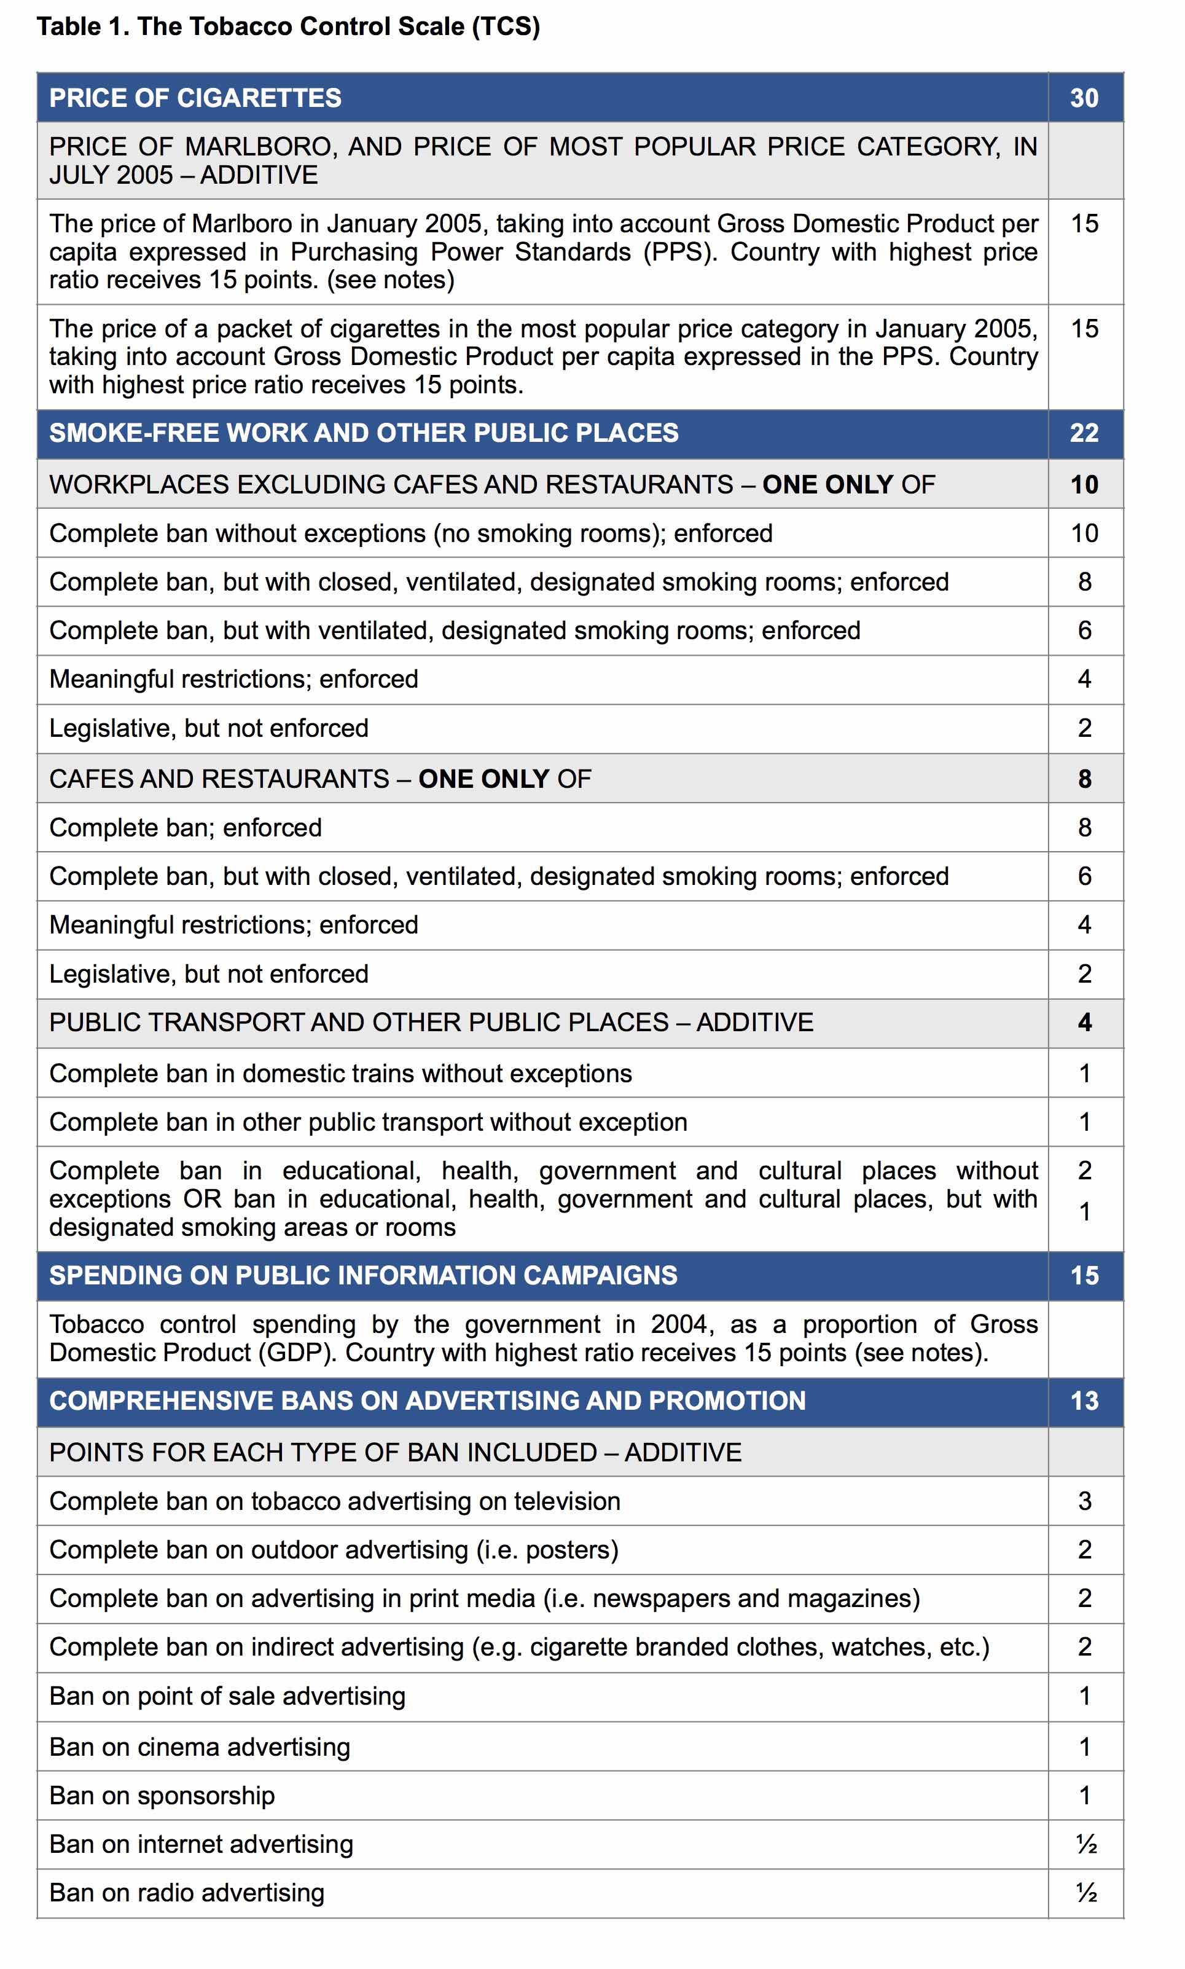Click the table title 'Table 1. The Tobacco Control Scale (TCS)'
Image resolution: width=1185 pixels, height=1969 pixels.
(288, 26)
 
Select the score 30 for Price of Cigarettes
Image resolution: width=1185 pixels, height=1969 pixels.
(1084, 98)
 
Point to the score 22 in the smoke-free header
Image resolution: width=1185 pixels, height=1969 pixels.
(1084, 433)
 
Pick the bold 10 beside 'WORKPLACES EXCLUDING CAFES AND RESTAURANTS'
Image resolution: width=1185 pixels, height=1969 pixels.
(1084, 484)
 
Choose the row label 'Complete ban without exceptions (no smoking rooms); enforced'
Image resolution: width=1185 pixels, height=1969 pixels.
(410, 533)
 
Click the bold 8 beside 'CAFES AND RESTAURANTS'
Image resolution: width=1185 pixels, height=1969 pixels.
(1084, 779)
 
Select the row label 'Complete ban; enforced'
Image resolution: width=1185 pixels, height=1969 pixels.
(186, 828)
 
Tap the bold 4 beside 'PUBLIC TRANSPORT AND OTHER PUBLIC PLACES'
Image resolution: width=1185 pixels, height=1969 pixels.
(1084, 1023)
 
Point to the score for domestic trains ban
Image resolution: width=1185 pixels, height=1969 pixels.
(1084, 1074)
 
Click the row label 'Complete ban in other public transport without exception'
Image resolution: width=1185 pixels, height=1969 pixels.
(368, 1122)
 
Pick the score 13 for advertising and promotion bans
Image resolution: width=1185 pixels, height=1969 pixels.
(1084, 1401)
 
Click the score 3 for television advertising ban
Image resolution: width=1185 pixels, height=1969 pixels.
(1084, 1501)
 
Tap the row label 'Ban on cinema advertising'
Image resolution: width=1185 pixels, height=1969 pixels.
(200, 1747)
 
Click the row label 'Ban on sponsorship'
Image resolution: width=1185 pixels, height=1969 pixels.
(162, 1796)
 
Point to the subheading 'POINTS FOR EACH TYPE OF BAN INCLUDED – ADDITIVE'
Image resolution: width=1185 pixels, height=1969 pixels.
(395, 1452)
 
